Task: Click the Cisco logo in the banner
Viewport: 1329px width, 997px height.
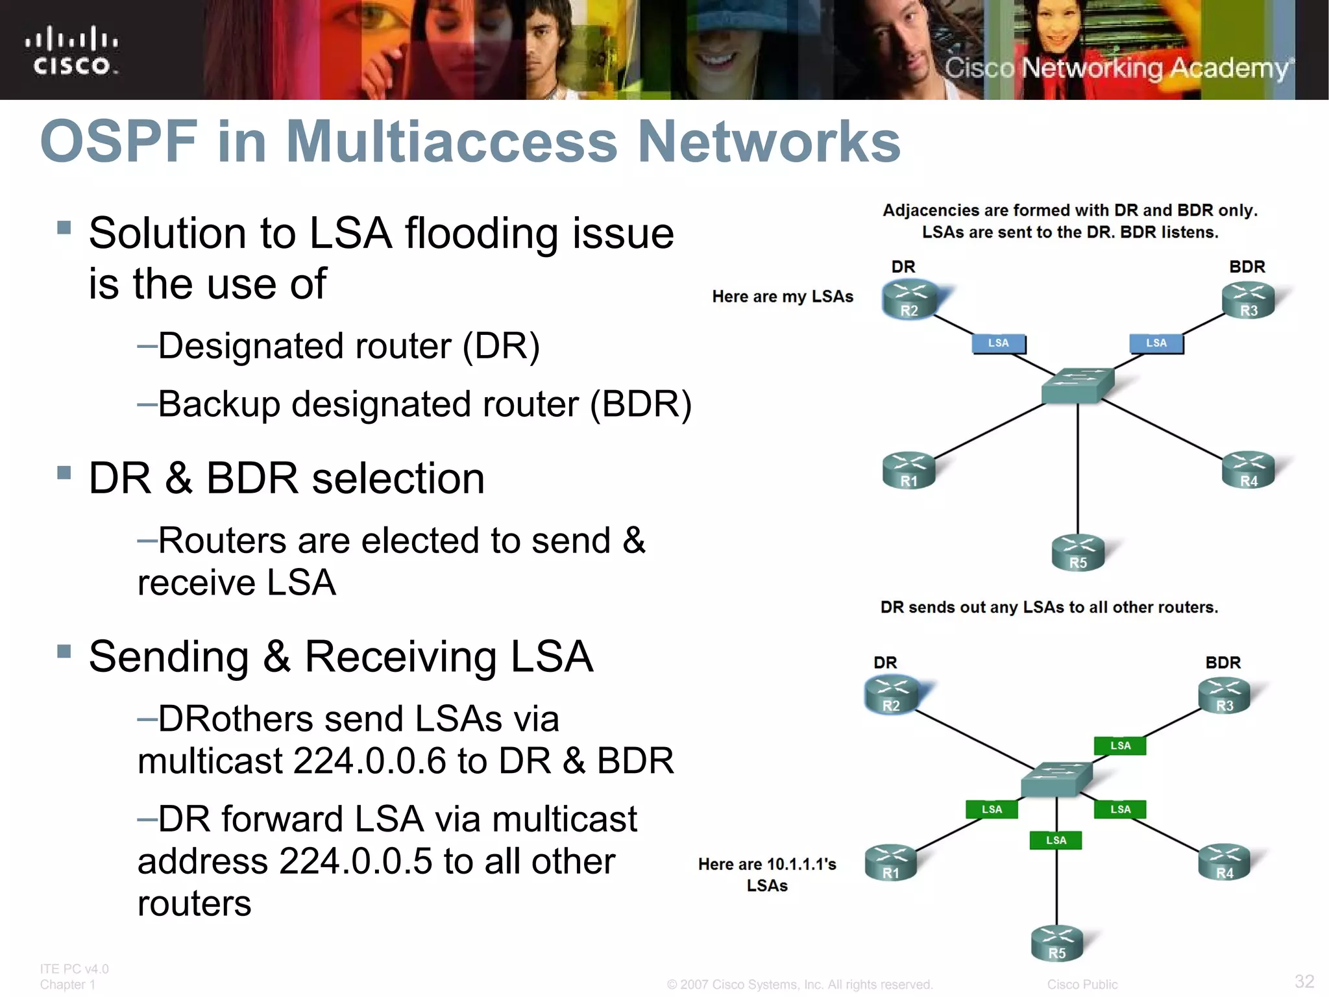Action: coord(71,51)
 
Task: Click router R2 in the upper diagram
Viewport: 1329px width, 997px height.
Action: coord(909,300)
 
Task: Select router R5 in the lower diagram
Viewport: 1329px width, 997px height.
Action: coord(1056,944)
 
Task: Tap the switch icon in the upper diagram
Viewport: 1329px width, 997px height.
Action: coord(1077,385)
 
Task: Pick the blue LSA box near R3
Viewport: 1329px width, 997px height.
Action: coord(1156,343)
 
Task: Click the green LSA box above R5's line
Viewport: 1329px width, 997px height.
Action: coord(1056,841)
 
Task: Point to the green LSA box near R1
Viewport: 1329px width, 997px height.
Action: coord(991,809)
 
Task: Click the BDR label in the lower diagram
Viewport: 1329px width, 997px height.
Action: coord(1223,663)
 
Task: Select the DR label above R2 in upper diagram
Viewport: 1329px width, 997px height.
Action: coord(903,267)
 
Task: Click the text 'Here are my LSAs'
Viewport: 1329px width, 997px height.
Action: coord(782,297)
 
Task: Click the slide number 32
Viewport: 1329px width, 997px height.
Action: coord(1304,981)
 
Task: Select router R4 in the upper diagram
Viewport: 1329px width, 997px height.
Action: coord(1248,470)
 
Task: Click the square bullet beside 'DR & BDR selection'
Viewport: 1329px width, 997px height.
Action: coord(64,473)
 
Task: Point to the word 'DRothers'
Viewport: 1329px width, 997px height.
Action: coord(234,719)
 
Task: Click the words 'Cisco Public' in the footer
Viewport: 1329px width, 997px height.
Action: coord(1082,985)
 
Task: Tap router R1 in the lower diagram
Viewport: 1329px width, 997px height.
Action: coord(891,863)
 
